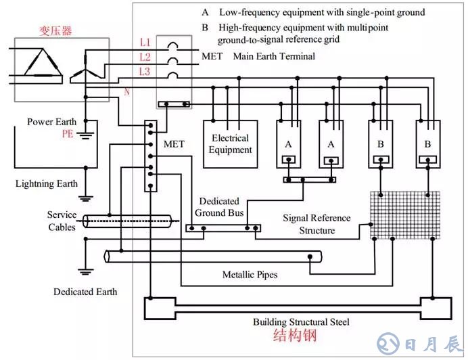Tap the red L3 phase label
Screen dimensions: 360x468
tap(145, 71)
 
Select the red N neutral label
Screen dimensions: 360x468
tap(126, 91)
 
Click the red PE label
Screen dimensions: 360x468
tap(68, 135)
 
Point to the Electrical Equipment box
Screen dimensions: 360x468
tap(229, 143)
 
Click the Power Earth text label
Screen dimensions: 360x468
tap(51, 122)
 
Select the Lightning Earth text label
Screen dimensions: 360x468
tap(47, 183)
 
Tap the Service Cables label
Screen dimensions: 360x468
tap(62, 221)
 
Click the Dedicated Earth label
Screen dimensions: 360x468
tap(85, 292)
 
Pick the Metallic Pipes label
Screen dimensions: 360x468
tap(250, 275)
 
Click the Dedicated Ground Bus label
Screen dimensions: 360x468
tap(218, 207)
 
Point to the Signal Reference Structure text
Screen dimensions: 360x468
tap(317, 224)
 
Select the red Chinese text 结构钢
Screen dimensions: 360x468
tap(296, 336)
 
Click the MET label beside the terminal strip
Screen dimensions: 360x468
tap(174, 144)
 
